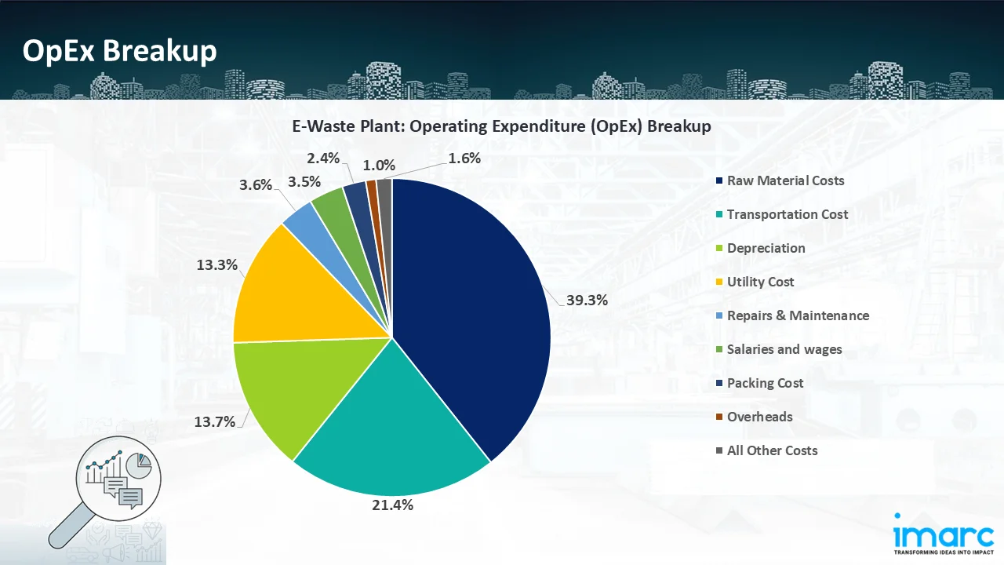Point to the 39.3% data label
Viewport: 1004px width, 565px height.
coord(586,300)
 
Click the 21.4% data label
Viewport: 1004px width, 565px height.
coord(391,505)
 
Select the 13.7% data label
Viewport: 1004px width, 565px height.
coord(215,421)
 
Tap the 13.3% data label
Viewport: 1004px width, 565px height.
coord(217,264)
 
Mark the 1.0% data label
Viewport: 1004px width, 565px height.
coord(379,166)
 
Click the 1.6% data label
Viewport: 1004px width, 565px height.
coord(464,158)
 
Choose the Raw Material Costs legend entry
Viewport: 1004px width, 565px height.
coord(785,180)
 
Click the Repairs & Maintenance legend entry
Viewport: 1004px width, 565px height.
coord(798,315)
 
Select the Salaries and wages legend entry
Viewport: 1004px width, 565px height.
coord(784,349)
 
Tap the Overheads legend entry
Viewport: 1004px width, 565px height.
coord(759,417)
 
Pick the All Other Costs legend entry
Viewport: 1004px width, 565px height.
coord(772,450)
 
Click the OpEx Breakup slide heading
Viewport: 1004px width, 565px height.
coord(119,51)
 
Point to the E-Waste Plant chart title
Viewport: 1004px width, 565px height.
coord(502,126)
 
